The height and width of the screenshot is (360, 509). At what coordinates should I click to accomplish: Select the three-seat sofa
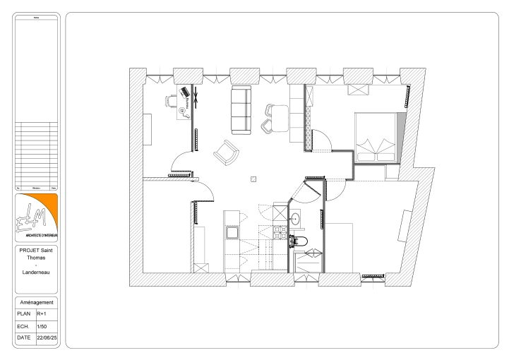coord(241,110)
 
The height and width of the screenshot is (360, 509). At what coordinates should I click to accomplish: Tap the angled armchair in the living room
coord(226,150)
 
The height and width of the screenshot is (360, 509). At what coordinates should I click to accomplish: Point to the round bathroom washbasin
coord(297,220)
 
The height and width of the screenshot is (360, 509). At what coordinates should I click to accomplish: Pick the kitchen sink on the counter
coord(232,232)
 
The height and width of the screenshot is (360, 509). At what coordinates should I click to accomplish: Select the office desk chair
coord(172,101)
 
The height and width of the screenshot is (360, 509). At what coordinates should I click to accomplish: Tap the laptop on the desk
coord(185,92)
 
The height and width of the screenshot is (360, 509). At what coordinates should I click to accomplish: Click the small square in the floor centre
coord(252,179)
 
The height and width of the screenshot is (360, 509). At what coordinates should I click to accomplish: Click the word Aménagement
coord(35,302)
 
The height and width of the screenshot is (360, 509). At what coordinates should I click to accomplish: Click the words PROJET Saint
coord(35,250)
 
